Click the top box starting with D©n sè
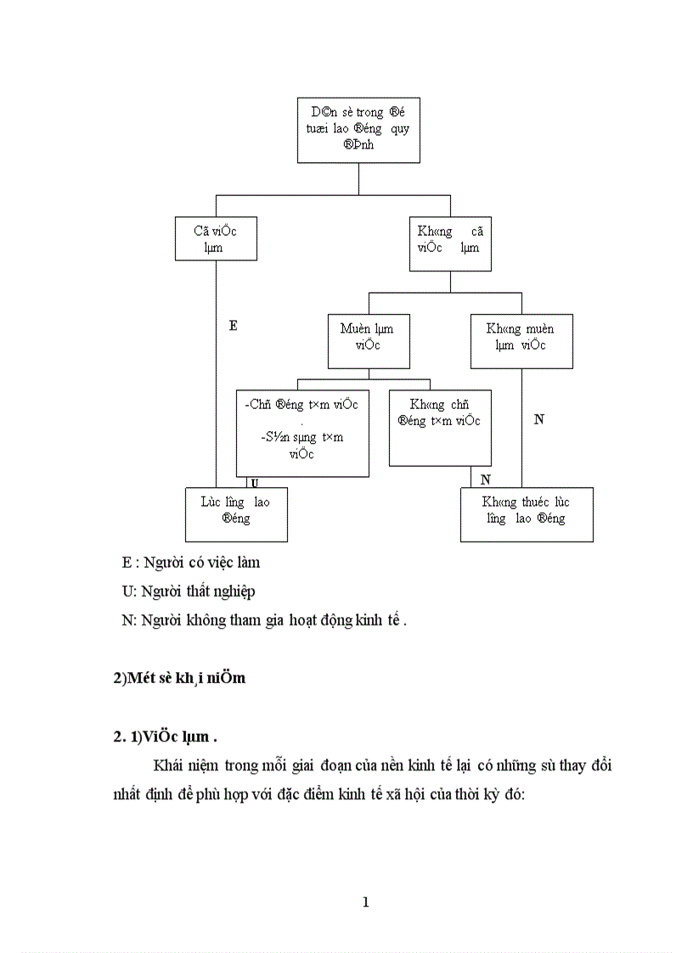(358, 130)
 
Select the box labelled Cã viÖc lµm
(216, 238)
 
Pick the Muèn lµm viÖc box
(367, 341)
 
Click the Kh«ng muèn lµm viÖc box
(521, 340)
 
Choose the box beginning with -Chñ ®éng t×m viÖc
(301, 433)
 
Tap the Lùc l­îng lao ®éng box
(236, 514)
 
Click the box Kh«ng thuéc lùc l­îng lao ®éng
(527, 514)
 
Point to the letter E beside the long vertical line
(234, 325)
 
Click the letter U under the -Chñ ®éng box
(253, 482)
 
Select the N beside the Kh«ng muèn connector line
(538, 419)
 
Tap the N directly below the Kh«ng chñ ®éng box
(485, 479)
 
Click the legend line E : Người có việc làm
(191, 563)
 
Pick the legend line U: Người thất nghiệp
(188, 591)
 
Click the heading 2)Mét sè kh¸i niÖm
(179, 678)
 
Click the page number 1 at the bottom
(365, 902)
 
